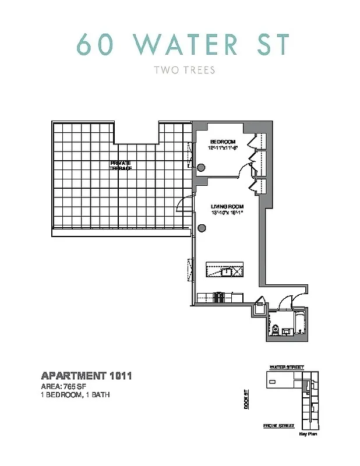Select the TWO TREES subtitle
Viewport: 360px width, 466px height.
[x=183, y=70]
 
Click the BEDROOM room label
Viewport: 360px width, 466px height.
[x=223, y=142]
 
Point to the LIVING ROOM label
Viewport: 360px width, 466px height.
[x=227, y=207]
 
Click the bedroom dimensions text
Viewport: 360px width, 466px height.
[x=223, y=149]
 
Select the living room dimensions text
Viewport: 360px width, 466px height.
[x=227, y=213]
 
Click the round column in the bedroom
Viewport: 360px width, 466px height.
[x=201, y=168]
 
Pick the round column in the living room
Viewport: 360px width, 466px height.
[x=201, y=228]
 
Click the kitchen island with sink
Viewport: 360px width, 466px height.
[x=227, y=271]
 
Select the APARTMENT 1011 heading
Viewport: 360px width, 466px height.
[x=86, y=376]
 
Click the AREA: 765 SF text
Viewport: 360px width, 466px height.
[x=64, y=386]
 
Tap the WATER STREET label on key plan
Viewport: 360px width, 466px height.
[x=286, y=368]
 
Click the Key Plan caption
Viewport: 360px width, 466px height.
[x=308, y=435]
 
